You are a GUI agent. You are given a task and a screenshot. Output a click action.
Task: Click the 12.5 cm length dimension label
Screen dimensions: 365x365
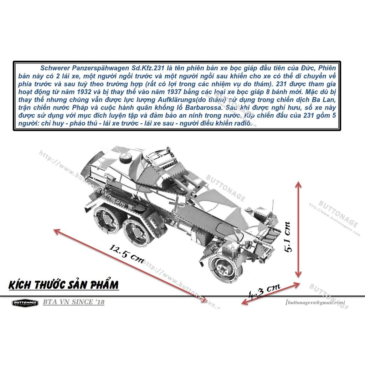tap(127, 253)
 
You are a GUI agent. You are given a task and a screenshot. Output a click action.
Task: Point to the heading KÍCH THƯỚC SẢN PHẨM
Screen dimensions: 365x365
tap(63, 285)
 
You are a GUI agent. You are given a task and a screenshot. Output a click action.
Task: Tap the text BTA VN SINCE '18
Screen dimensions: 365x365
tap(74, 302)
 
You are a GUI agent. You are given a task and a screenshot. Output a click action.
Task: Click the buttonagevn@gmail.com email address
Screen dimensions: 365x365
tap(315, 302)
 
